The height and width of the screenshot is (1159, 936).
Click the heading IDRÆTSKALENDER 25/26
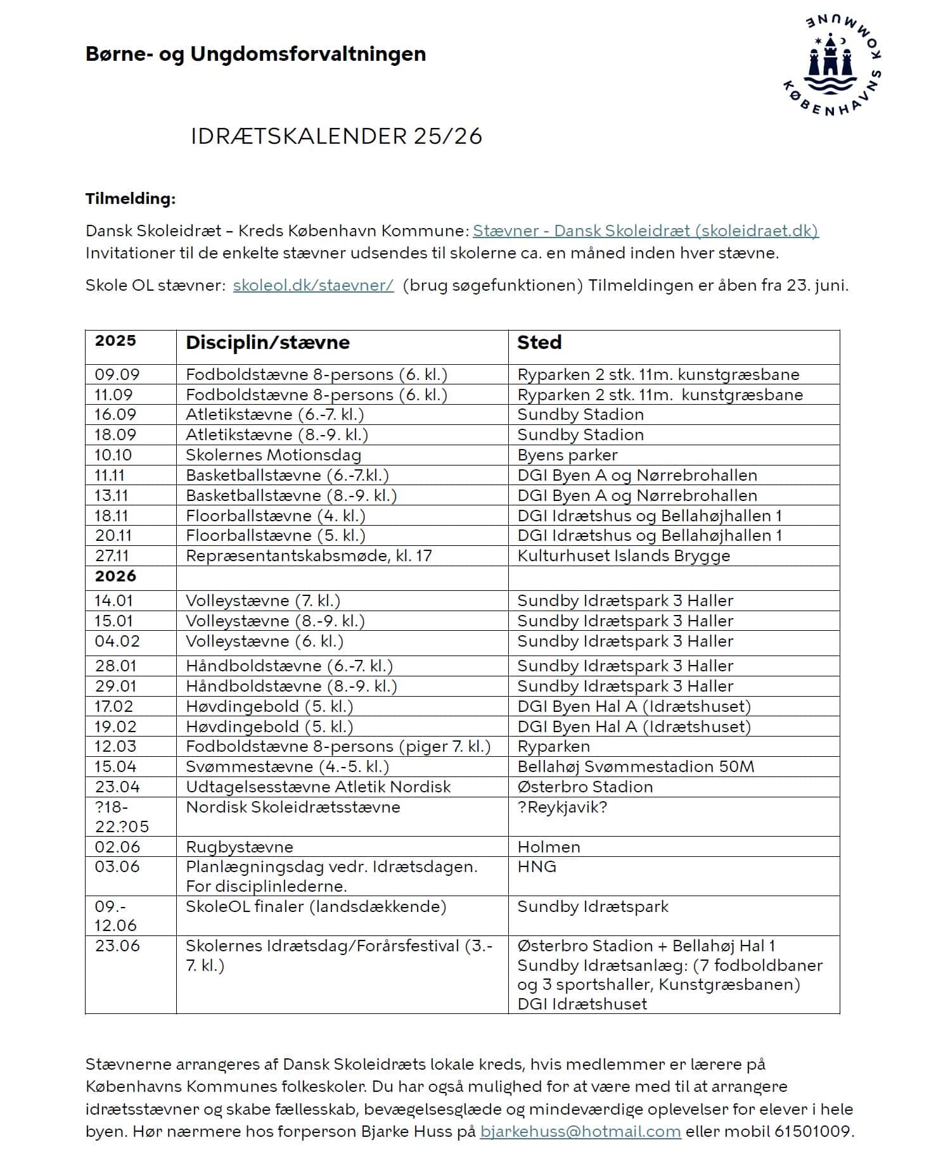tap(337, 136)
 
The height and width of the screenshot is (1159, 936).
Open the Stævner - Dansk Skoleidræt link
tap(645, 231)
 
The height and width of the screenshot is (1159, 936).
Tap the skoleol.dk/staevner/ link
tap(313, 285)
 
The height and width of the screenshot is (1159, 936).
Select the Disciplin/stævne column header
tap(267, 343)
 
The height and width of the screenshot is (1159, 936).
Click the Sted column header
tap(539, 343)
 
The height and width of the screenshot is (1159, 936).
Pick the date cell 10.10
tap(113, 455)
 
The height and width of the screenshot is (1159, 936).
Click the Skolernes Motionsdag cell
tap(273, 455)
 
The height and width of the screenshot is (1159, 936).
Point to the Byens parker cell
tap(567, 455)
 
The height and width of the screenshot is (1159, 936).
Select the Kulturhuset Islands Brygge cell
tap(624, 555)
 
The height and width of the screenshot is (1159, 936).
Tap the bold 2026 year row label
tap(115, 576)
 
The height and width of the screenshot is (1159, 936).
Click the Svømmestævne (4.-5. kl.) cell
tap(287, 766)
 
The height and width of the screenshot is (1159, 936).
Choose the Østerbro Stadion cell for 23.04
tap(585, 787)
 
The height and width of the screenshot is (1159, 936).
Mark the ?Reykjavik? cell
tap(562, 807)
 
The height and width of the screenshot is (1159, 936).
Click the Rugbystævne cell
tap(240, 847)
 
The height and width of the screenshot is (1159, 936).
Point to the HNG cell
tap(537, 866)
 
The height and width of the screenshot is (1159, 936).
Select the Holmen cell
tap(549, 847)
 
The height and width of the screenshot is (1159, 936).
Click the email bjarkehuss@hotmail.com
tap(580, 1131)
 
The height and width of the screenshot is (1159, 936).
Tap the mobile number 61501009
tap(813, 1131)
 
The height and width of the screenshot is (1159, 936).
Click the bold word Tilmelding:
tap(131, 199)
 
